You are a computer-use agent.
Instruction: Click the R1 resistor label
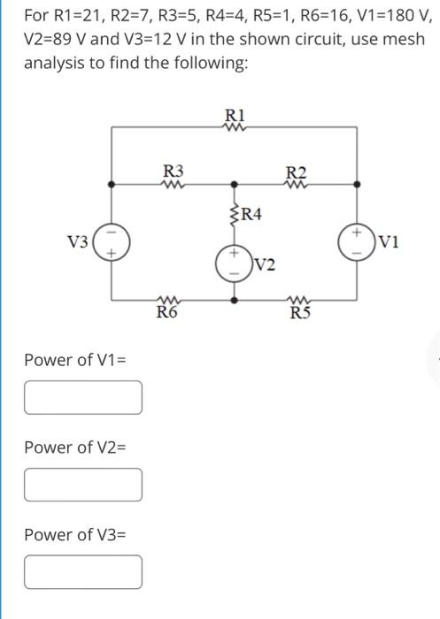click(x=235, y=114)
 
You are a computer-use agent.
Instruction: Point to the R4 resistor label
click(x=251, y=213)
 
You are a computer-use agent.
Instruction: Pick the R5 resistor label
click(x=297, y=312)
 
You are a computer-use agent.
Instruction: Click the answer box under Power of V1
click(x=83, y=397)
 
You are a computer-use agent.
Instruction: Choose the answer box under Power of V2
click(x=83, y=484)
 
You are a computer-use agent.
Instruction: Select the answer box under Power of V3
click(x=83, y=571)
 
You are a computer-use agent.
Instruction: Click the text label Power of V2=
click(x=75, y=447)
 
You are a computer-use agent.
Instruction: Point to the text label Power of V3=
click(x=75, y=535)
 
